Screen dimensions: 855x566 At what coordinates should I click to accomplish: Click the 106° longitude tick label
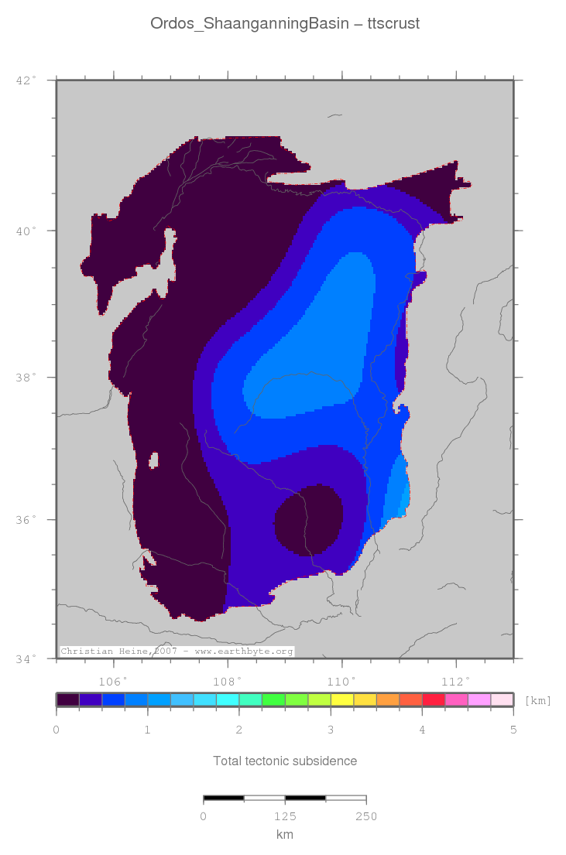114,681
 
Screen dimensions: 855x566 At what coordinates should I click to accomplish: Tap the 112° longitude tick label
455,681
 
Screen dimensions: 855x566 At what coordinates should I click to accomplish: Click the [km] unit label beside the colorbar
537,700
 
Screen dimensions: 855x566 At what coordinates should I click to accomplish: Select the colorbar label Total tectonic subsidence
285,761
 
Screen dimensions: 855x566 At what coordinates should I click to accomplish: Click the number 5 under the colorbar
513,730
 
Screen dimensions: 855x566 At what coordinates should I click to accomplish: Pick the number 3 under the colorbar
331,730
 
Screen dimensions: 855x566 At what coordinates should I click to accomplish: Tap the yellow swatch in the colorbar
341,699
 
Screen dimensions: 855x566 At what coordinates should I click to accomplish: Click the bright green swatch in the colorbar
273,699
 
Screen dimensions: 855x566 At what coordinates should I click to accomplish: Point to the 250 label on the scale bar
365,816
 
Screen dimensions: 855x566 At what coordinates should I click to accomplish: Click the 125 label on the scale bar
285,816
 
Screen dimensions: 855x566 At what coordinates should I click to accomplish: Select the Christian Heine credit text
177,652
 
